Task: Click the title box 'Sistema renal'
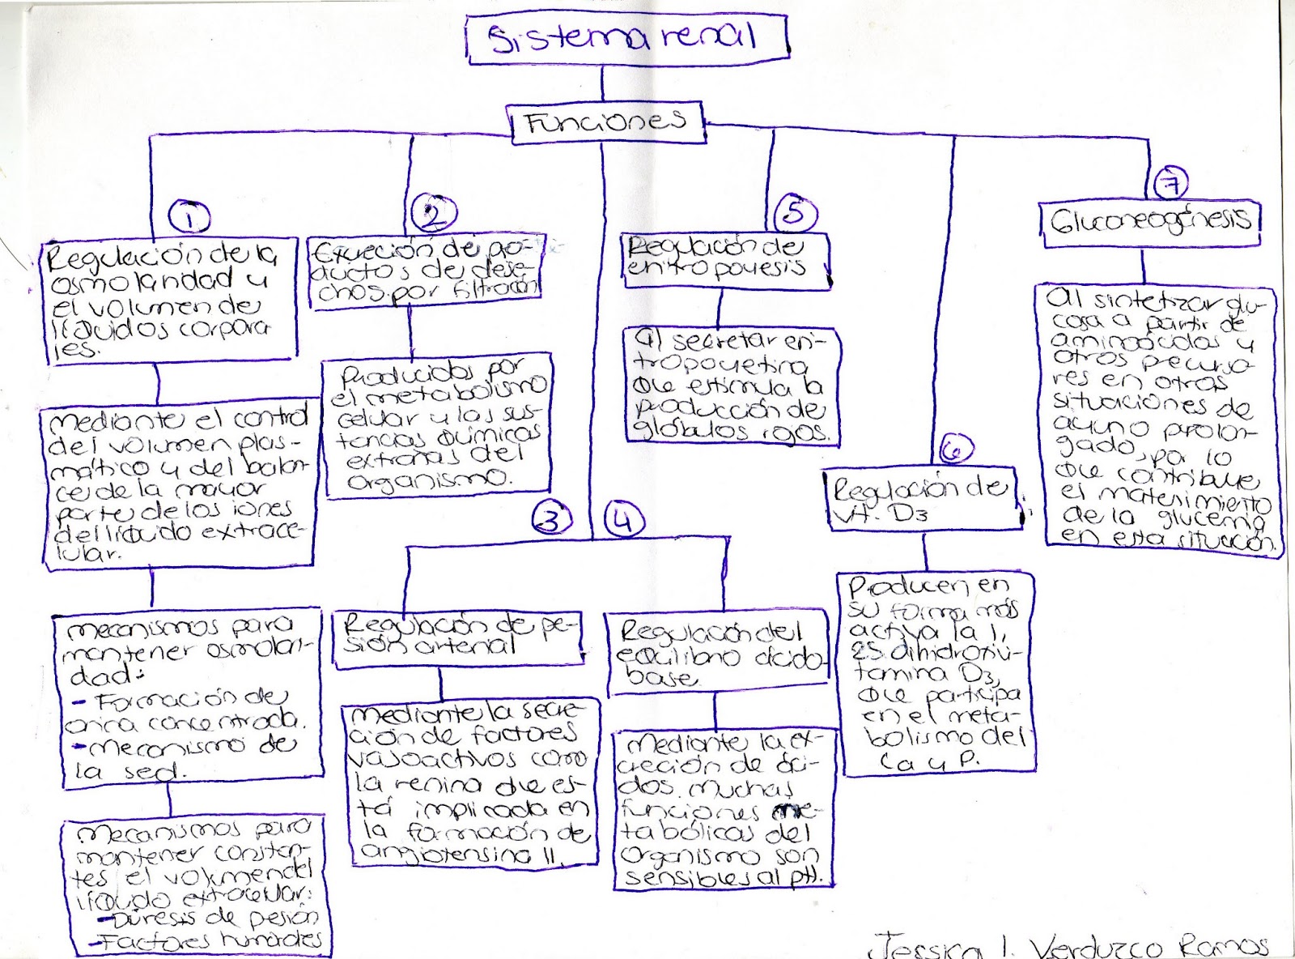click(x=626, y=38)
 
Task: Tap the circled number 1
click(x=189, y=217)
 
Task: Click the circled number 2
click(x=434, y=214)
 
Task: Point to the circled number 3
click(x=552, y=519)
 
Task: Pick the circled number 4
click(x=622, y=520)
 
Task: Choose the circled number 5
click(x=795, y=212)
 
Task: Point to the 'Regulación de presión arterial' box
click(x=458, y=637)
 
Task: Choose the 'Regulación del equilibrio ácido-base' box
click(x=716, y=653)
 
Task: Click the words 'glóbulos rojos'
click(x=732, y=431)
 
